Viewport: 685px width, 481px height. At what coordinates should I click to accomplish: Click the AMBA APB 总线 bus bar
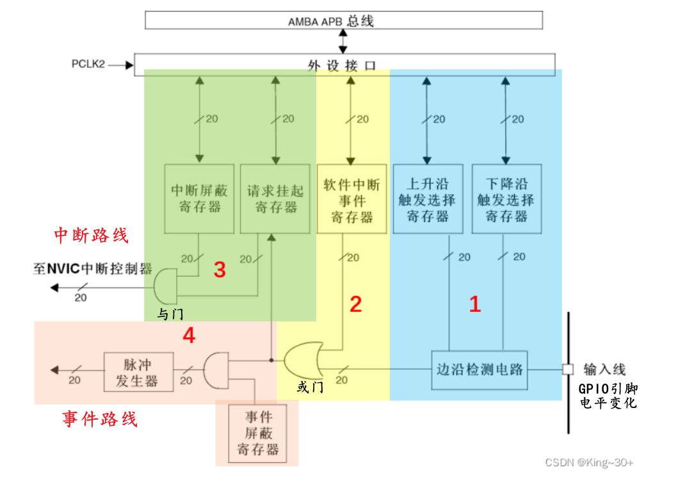pos(343,20)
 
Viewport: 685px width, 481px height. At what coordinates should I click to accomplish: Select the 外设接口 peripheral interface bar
pos(343,65)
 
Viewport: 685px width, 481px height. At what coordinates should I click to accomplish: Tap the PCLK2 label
pos(88,65)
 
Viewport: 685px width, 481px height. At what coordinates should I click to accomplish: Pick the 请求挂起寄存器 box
pos(272,199)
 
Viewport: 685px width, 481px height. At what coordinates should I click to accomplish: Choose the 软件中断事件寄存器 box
pos(351,199)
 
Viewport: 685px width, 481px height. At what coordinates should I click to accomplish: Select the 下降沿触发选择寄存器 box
pos(506,199)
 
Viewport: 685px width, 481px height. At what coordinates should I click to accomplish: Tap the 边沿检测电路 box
pos(479,370)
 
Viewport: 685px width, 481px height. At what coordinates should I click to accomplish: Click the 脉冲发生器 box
pos(138,371)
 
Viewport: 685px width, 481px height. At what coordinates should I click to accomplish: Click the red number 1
pos(474,304)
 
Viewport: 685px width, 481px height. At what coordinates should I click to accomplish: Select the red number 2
pos(355,304)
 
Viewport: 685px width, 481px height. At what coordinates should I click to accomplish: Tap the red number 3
pos(220,270)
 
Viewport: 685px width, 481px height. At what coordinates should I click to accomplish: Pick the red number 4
pos(189,335)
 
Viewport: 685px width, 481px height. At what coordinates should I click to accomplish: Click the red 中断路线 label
pos(91,236)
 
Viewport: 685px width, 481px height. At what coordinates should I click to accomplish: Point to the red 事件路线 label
pos(100,420)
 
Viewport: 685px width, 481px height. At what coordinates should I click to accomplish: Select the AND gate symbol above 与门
pos(166,286)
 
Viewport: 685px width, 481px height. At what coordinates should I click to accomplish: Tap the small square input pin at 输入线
pos(567,370)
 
